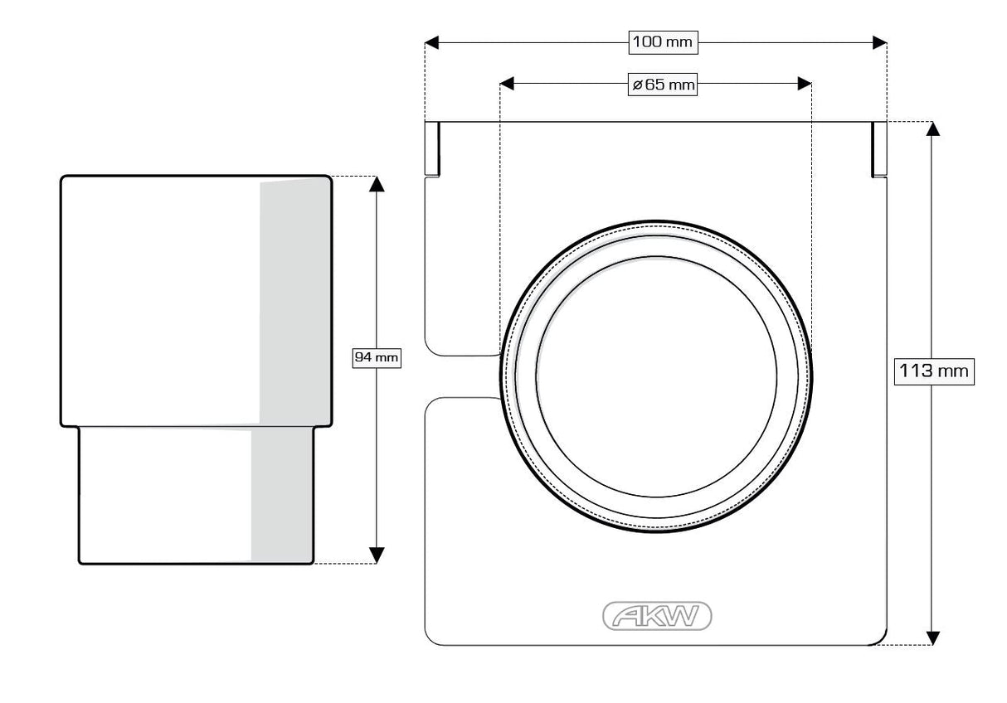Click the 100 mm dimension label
coord(661,41)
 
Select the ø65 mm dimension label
coord(661,84)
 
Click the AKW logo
coord(656,615)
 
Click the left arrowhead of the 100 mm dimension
coord(432,41)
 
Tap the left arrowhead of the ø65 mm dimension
coord(508,84)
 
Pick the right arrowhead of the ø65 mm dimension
coord(804,84)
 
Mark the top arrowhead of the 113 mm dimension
coord(933,128)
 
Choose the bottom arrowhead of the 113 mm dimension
coord(933,637)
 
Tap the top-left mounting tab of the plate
coord(432,148)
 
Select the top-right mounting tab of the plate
coord(879,149)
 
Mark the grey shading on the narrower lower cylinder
coord(282,493)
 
